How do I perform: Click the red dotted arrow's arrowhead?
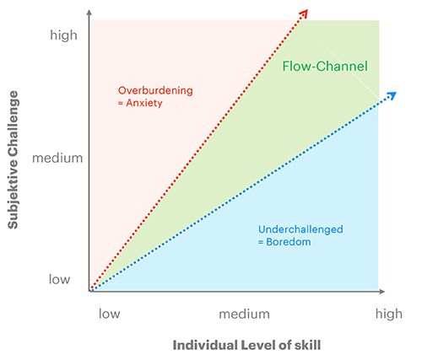point(305,13)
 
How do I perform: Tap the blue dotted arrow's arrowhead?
point(392,95)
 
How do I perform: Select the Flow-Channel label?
point(325,67)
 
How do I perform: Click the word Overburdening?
point(155,90)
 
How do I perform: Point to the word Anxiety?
point(144,103)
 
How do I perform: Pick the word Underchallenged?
point(300,229)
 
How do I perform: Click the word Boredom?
point(289,242)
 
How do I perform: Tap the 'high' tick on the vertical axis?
point(63,35)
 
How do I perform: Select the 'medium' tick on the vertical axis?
point(57,158)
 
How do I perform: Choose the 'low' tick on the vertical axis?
point(59,279)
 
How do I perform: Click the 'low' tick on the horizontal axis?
point(109,314)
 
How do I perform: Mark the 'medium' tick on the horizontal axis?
point(245,314)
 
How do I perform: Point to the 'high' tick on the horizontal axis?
point(389,314)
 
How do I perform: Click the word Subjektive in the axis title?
point(13,196)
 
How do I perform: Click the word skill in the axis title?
point(308,345)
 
